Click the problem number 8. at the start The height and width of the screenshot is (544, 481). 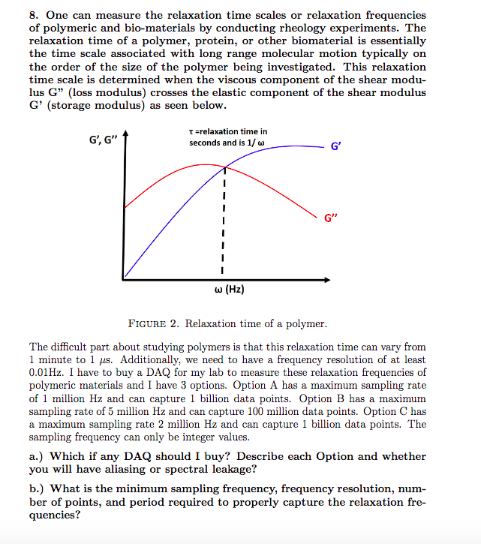35,15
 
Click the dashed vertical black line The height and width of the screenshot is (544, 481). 223,225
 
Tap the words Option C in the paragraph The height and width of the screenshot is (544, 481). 389,411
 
